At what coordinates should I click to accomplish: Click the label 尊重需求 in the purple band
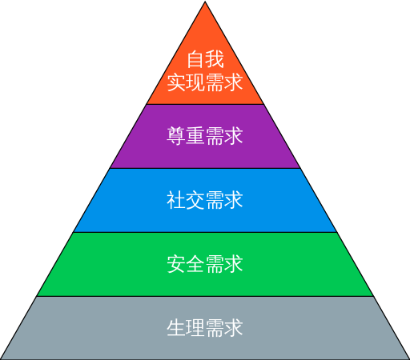coord(205,136)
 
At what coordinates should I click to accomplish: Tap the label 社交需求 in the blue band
coord(205,200)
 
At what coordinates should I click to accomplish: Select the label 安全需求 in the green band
coord(205,264)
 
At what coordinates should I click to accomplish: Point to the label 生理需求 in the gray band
coord(205,328)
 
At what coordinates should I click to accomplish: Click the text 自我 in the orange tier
coord(205,59)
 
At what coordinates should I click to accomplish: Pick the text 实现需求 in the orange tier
coord(205,82)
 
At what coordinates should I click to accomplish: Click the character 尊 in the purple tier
coord(176,136)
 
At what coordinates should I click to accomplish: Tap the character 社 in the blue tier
coord(176,200)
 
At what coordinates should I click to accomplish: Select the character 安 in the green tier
coord(176,264)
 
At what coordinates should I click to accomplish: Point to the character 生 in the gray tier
coord(176,328)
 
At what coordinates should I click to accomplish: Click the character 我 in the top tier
coord(215,59)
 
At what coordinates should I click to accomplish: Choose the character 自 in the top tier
coord(195,59)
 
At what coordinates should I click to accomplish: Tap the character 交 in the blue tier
coord(195,200)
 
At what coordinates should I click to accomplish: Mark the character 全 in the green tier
coord(195,264)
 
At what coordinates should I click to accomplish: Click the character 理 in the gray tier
coord(195,328)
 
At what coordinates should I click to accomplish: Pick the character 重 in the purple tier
coord(195,136)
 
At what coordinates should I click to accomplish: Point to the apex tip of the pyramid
coord(205,2)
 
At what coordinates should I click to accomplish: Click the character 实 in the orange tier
coord(176,82)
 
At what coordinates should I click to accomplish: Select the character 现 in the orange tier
coord(195,82)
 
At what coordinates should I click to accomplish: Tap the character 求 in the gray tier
coord(234,328)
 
